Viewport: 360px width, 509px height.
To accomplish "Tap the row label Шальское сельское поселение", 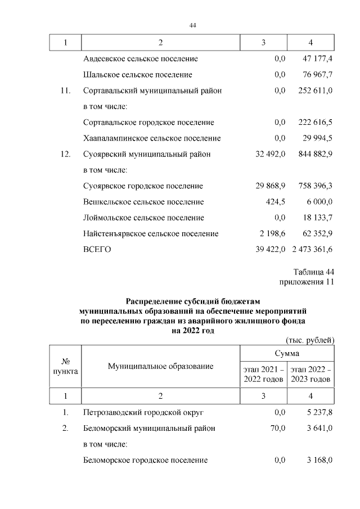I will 138,74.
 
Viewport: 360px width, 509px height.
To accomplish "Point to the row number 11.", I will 65,90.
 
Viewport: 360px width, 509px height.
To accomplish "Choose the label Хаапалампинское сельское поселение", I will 152,138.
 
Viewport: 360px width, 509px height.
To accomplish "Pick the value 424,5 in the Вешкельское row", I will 276,201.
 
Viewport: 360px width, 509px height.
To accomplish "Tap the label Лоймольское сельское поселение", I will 143,218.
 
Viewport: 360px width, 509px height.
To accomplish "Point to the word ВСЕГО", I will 97,249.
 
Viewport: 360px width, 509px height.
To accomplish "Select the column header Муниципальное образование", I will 160,367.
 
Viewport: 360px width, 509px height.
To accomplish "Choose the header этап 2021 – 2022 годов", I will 263,374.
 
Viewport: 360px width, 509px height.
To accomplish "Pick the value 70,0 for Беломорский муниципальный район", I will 277,429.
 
